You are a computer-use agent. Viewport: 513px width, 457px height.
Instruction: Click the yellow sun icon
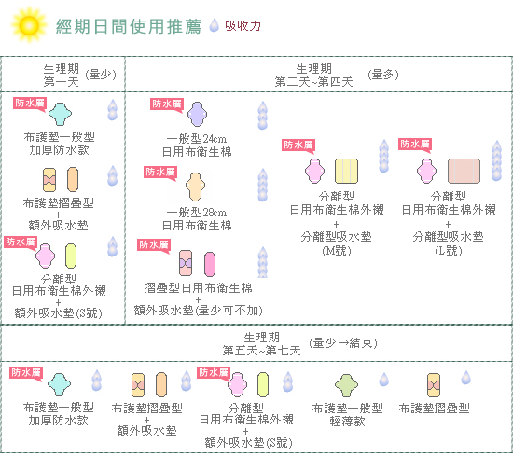[x=29, y=25]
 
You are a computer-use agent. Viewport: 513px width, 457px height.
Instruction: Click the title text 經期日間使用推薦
[x=129, y=26]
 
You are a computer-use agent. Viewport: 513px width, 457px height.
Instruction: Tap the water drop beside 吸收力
[x=214, y=25]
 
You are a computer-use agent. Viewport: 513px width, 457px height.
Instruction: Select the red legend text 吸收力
[x=243, y=26]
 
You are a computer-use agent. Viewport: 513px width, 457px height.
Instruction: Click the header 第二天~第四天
[x=313, y=82]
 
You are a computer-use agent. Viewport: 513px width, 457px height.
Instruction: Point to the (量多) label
[x=383, y=75]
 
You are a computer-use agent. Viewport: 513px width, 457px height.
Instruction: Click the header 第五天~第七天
[x=261, y=351]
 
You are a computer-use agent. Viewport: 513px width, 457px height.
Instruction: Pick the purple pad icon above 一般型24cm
[x=197, y=114]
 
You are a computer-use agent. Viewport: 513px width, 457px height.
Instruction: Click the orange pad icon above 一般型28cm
[x=195, y=187]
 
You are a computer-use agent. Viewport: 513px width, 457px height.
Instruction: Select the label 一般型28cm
[x=197, y=213]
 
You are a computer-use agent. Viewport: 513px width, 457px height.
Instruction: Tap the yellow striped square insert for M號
[x=346, y=171]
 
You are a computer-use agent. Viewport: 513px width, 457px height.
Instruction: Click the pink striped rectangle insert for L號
[x=464, y=171]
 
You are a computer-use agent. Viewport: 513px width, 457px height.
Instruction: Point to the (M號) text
[x=337, y=251]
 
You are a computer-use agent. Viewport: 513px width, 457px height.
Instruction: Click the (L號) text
[x=449, y=251]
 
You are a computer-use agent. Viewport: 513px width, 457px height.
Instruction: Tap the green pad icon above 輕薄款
[x=346, y=385]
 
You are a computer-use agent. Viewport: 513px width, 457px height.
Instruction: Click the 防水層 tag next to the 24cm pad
[x=167, y=104]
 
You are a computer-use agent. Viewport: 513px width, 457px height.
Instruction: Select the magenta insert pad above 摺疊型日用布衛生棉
[x=210, y=264]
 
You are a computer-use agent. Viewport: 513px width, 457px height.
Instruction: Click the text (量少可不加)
[x=229, y=311]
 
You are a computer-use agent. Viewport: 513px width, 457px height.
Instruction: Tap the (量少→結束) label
[x=343, y=343]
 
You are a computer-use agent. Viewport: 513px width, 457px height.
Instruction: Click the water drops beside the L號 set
[x=496, y=160]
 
